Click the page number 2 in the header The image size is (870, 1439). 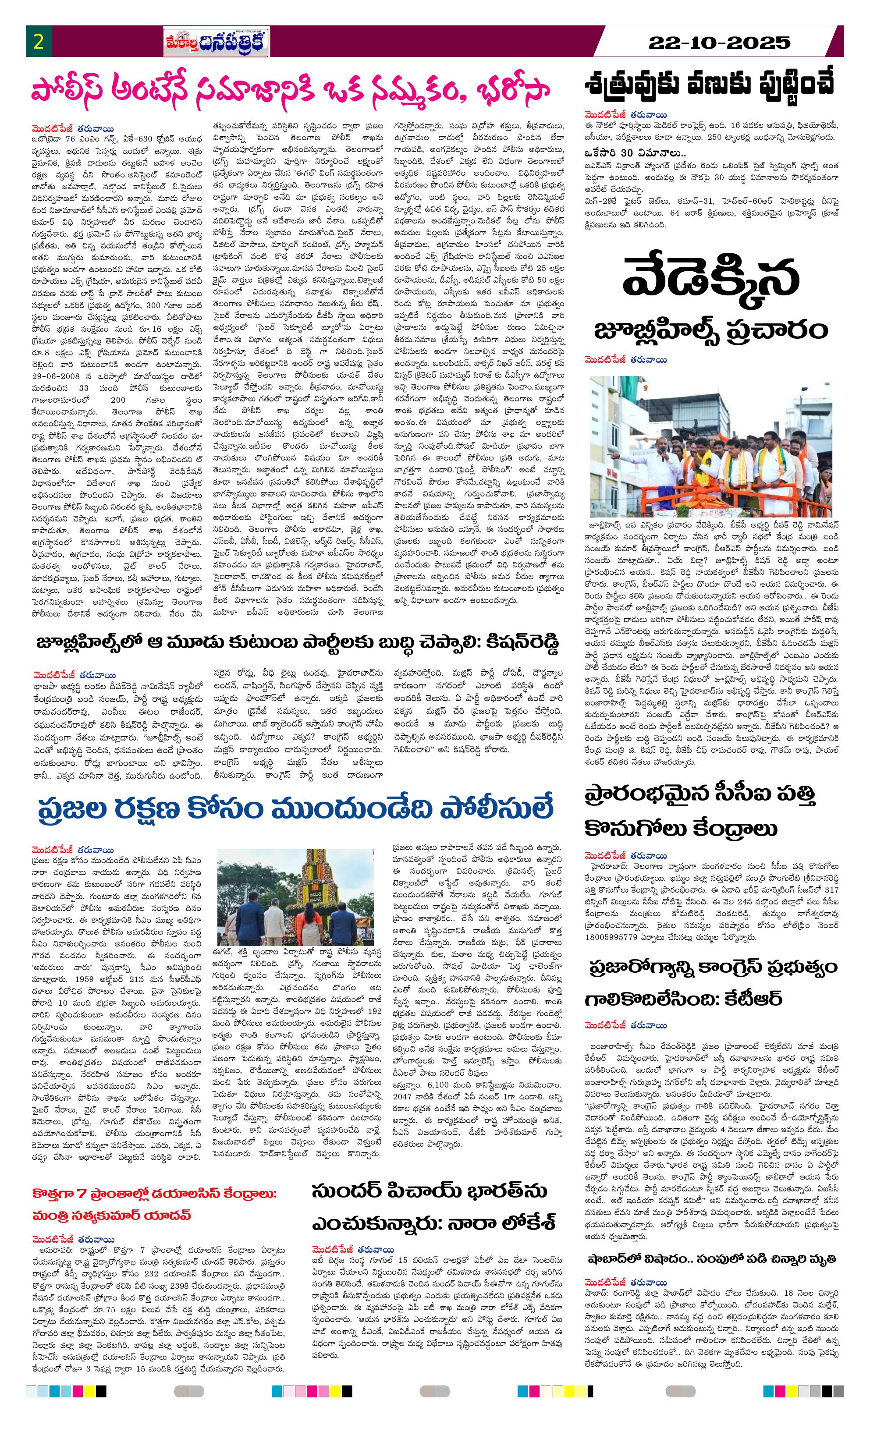39,42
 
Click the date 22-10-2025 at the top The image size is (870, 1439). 719,42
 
